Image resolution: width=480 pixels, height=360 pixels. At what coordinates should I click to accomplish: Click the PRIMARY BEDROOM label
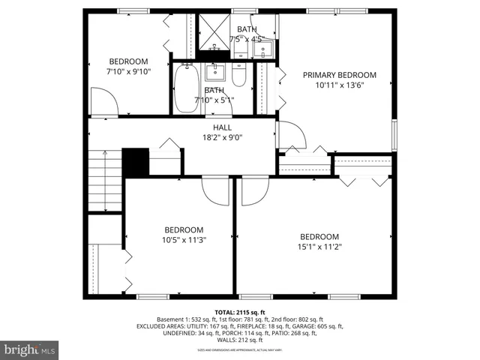pos(339,75)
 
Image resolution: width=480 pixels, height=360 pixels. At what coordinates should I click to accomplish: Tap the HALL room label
pos(222,128)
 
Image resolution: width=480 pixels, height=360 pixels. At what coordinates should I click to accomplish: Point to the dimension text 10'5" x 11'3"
pos(184,240)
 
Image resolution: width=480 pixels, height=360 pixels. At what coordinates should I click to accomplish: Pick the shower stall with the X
pos(214,30)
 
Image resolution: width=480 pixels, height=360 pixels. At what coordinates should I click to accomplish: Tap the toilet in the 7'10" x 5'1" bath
pos(238,76)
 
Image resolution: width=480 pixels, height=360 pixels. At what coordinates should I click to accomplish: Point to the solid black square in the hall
pos(135,163)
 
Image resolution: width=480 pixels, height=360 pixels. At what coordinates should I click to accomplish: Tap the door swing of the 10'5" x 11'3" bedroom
pos(216,191)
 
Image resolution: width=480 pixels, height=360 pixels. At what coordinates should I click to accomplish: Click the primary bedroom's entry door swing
pos(291,135)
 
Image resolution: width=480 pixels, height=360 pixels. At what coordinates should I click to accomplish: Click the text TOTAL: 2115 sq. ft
pos(239,311)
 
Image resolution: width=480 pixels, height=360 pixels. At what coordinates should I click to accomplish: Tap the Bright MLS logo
pos(30,349)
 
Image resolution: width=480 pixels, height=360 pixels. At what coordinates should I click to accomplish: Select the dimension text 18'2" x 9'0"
pos(222,138)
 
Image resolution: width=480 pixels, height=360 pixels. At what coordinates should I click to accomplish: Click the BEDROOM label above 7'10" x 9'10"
pos(129,61)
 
